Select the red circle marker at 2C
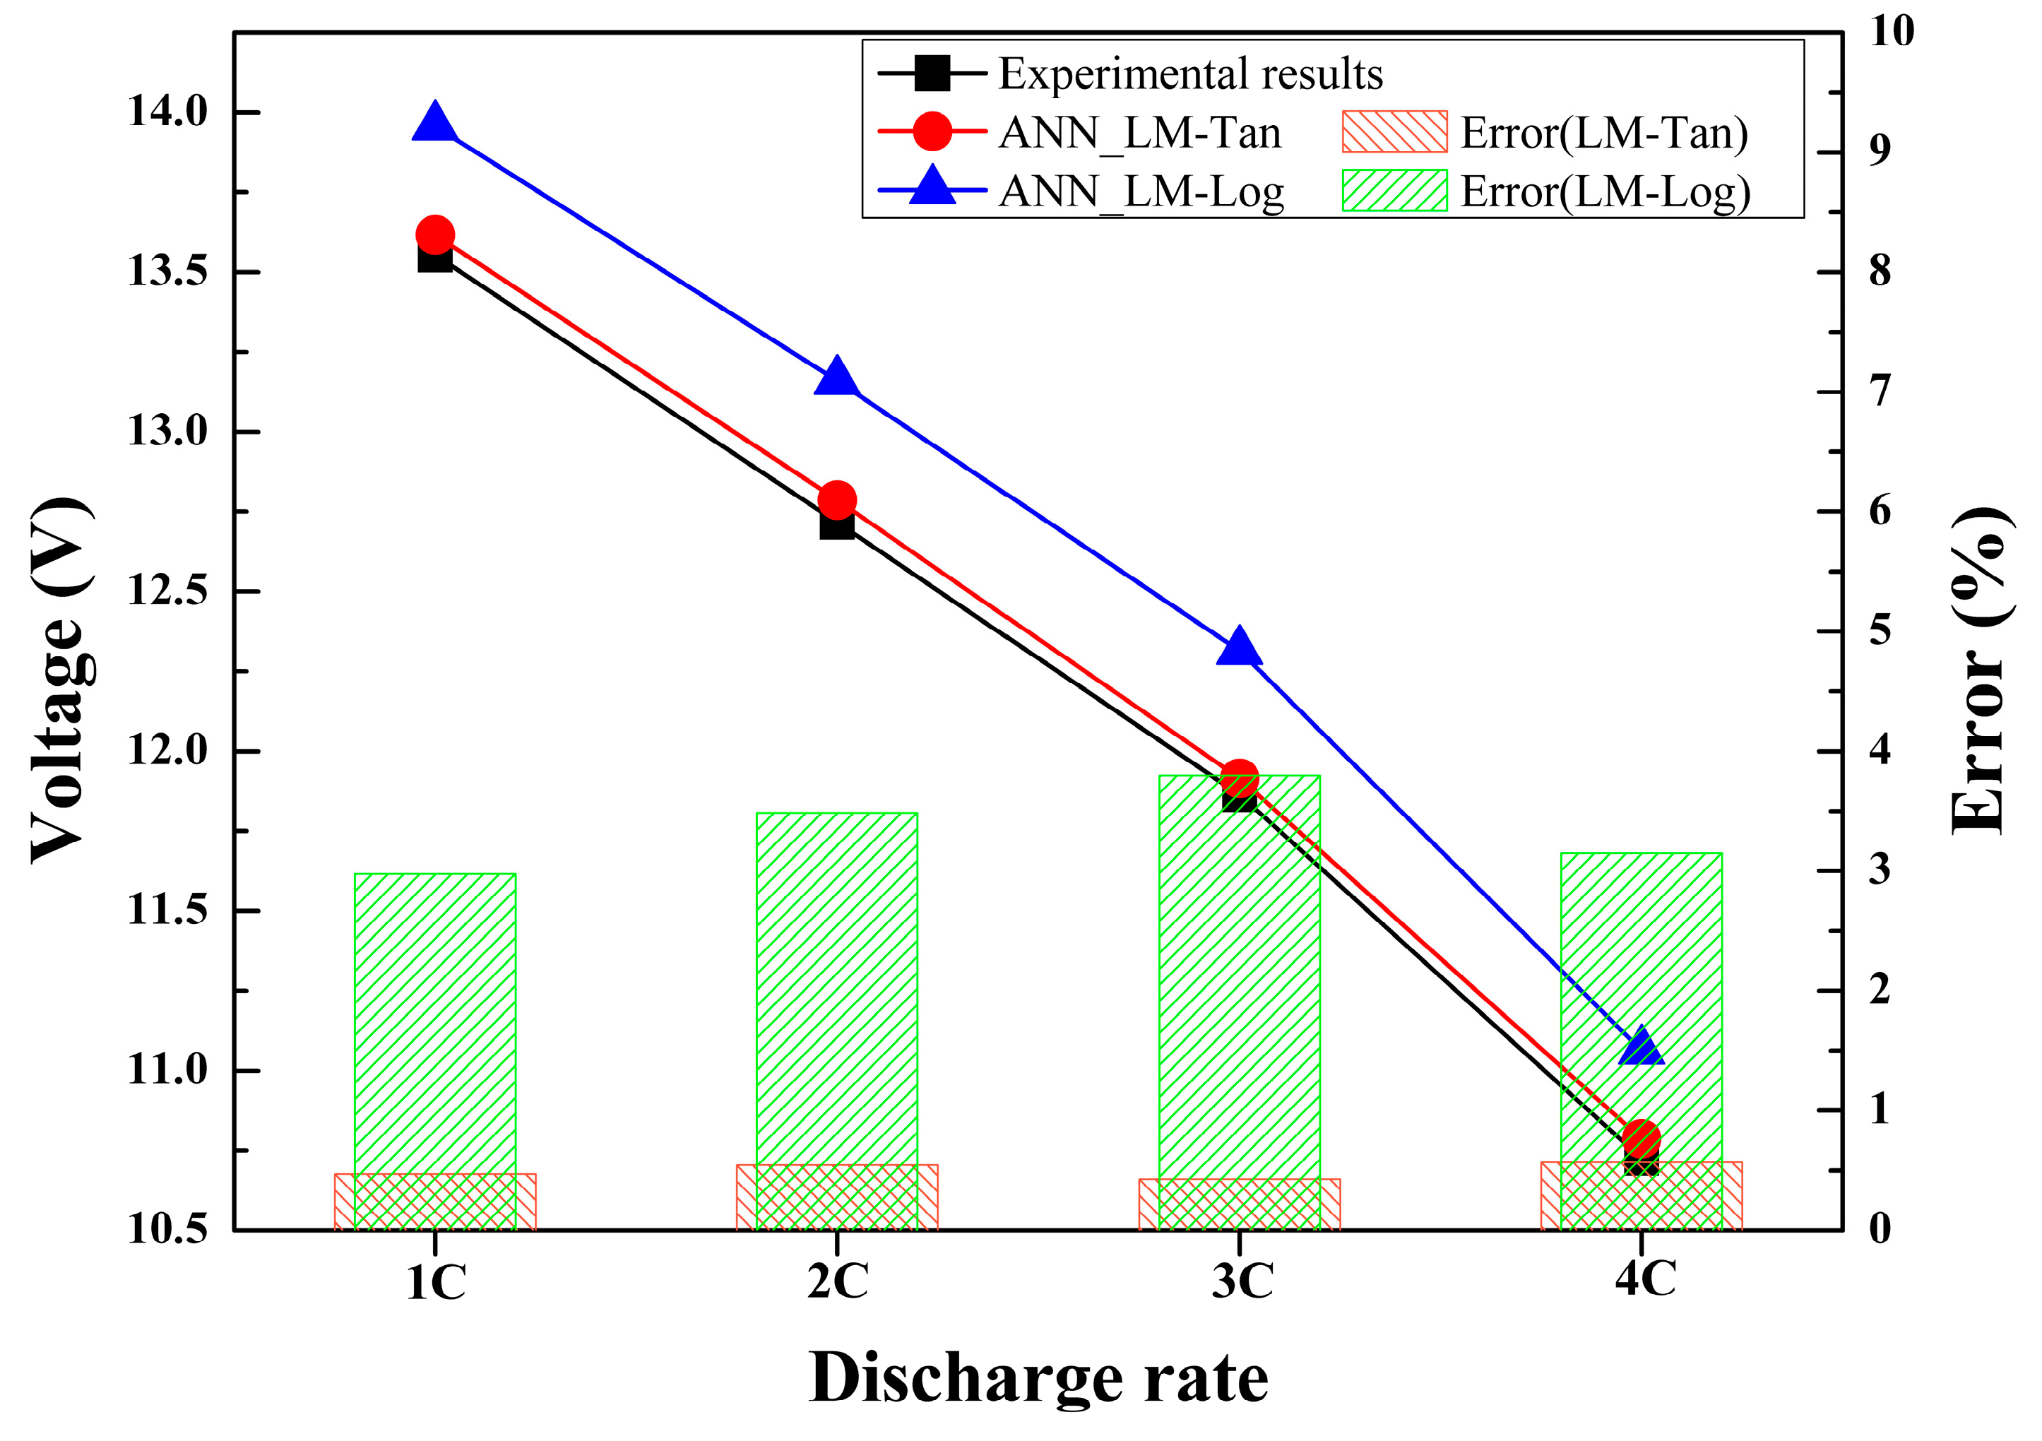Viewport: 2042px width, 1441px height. (x=837, y=500)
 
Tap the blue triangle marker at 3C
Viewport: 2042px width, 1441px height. (x=1239, y=646)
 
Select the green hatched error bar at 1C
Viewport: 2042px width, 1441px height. (x=435, y=1023)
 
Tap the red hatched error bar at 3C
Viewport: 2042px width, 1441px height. (x=1239, y=1205)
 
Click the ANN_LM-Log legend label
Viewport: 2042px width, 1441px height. (x=1141, y=190)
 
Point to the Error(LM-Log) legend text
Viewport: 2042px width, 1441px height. (x=1605, y=192)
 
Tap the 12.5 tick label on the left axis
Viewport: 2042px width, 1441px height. (x=168, y=591)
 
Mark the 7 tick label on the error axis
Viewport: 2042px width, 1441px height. (x=1880, y=392)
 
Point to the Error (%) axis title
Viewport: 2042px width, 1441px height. (x=1980, y=672)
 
